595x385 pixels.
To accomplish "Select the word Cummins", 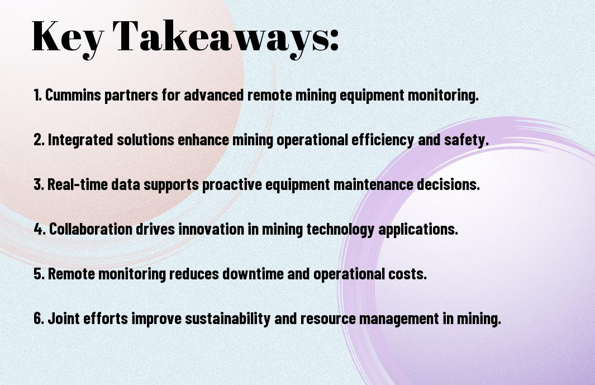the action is coord(73,95).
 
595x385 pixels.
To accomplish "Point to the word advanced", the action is coord(213,95).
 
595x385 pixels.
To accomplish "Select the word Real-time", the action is coord(78,184).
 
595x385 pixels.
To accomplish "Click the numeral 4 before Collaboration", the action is coord(38,229).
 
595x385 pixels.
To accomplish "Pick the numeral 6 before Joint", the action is coord(37,318).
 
